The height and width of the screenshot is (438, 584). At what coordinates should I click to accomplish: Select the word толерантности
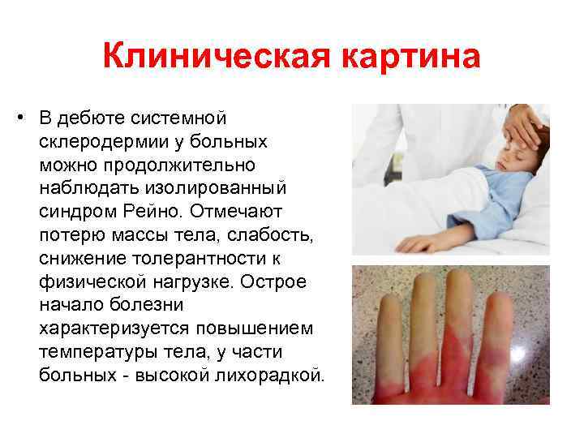[x=207, y=259]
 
